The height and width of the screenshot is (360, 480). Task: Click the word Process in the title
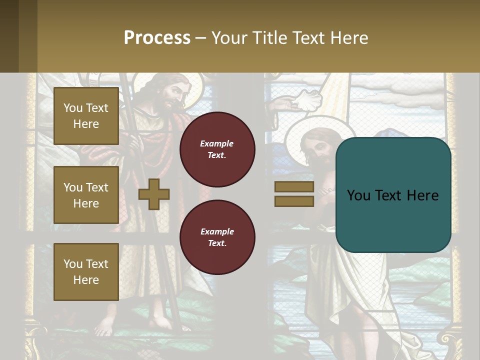click(x=157, y=38)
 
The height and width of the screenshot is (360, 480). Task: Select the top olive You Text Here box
click(x=86, y=116)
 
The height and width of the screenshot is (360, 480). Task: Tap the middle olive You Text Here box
click(x=86, y=195)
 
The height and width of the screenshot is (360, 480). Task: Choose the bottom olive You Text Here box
click(x=86, y=271)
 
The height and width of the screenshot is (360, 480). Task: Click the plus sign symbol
click(x=154, y=194)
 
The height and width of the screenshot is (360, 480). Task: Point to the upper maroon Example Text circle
click(x=217, y=149)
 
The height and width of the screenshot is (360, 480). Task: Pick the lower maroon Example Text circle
click(x=217, y=237)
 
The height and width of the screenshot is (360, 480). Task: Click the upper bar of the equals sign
click(x=294, y=186)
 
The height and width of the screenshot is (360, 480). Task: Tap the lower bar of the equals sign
click(x=294, y=201)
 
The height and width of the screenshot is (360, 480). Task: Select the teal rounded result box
click(x=393, y=195)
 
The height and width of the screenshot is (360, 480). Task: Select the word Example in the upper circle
click(x=216, y=143)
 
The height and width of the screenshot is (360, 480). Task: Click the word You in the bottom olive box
click(x=73, y=263)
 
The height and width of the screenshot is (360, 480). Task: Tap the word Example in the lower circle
click(x=217, y=231)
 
